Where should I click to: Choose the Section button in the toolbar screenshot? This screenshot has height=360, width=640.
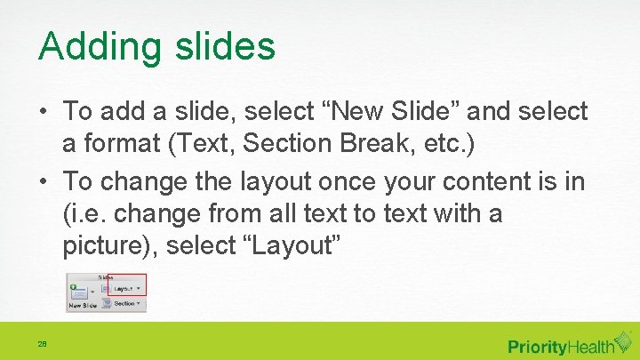click(x=124, y=303)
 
